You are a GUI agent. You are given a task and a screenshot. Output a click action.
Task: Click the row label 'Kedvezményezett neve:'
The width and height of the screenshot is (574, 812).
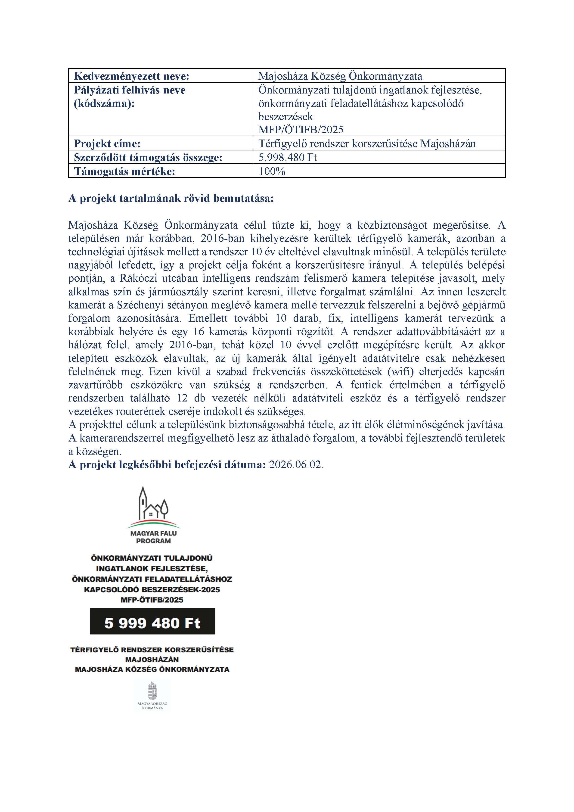point(132,76)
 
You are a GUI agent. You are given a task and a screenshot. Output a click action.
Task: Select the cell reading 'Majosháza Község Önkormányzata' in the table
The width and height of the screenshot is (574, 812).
point(340,76)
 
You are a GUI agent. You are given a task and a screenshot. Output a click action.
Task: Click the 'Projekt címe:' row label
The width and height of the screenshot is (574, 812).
point(107,143)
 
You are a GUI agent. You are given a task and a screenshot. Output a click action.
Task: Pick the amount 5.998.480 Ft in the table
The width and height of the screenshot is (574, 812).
point(288,157)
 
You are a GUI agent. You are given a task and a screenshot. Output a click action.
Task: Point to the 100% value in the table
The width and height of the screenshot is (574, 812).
point(272,171)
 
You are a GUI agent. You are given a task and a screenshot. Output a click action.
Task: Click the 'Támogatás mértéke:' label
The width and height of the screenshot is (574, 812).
point(124,171)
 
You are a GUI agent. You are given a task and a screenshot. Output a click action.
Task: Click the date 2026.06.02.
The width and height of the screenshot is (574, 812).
point(296,465)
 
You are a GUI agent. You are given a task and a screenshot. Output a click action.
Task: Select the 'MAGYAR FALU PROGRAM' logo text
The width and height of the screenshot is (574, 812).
point(153,537)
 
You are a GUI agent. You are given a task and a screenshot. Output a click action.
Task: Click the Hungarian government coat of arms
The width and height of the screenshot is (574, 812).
point(152,691)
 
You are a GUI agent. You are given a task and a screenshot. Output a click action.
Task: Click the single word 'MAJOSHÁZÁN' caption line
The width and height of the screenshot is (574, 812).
point(152,660)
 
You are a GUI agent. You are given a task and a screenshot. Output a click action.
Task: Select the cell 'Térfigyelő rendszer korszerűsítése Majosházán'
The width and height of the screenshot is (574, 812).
point(367,143)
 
